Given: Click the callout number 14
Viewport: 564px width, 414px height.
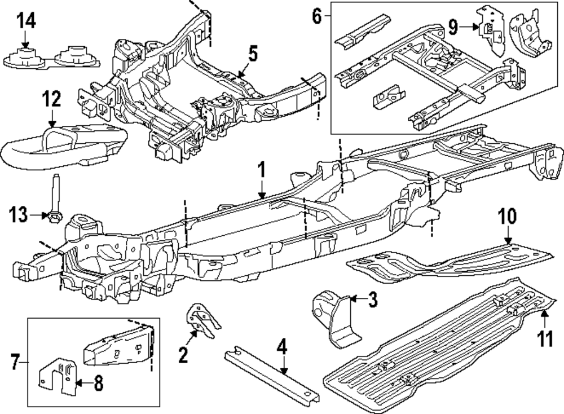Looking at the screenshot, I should pyautogui.click(x=26, y=21).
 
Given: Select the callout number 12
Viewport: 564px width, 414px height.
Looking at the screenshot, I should pyautogui.click(x=51, y=100).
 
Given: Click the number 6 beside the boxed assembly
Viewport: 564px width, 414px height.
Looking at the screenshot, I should pyautogui.click(x=317, y=16).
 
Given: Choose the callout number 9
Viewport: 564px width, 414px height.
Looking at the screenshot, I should pyautogui.click(x=453, y=25).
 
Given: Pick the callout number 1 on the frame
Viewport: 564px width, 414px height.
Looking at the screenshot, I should pyautogui.click(x=261, y=169).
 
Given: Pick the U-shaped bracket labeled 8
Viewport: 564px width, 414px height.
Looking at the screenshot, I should pyautogui.click(x=57, y=377).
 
